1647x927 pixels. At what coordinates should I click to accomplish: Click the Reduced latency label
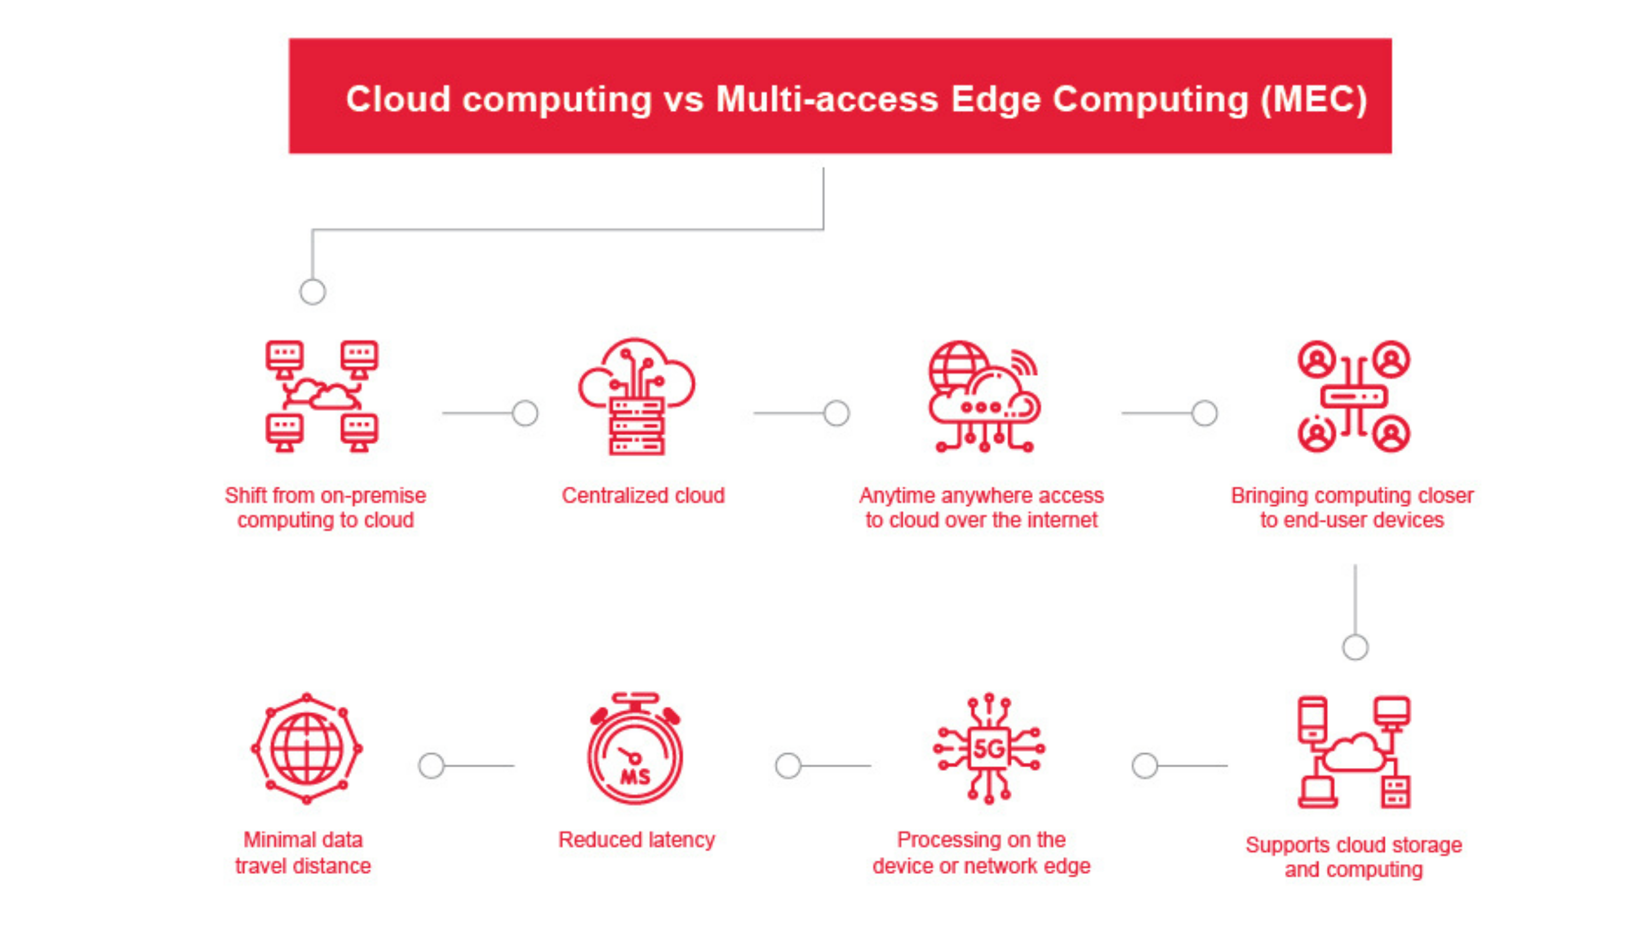tap(637, 839)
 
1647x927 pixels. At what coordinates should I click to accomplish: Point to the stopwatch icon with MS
tap(636, 748)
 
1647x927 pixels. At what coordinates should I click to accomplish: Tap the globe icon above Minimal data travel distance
tap(307, 748)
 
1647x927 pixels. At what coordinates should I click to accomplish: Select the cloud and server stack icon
tap(637, 396)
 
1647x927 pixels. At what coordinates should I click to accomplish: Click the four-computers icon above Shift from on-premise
tap(322, 396)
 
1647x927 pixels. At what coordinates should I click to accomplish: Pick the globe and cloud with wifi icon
tap(985, 396)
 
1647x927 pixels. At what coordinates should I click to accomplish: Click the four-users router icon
tap(1354, 396)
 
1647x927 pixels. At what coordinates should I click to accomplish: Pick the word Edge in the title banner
tap(995, 100)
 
